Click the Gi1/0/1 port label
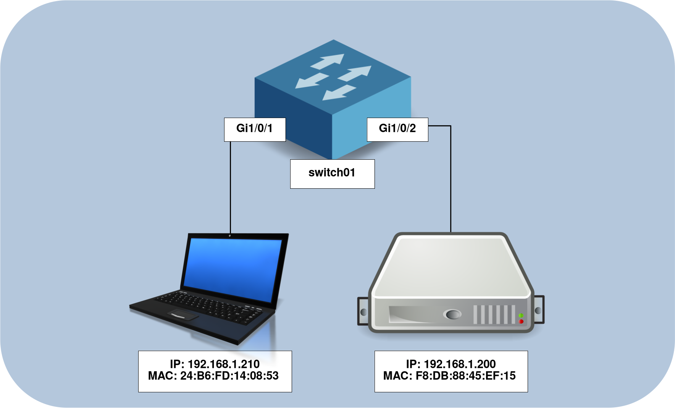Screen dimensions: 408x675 pos(255,129)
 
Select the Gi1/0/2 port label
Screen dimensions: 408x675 pos(397,129)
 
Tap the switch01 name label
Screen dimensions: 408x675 pos(332,173)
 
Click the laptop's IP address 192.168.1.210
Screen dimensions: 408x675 pos(215,364)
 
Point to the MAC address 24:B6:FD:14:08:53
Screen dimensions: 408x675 pos(213,376)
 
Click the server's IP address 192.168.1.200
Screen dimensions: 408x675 pos(451,364)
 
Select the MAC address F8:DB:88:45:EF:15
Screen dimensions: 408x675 pos(449,376)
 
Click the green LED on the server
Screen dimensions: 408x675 pos(521,316)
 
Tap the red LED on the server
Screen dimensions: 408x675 pos(521,322)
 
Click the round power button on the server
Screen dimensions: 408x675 pos(452,314)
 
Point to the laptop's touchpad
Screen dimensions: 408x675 pos(183,315)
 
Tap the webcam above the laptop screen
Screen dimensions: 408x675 pos(230,235)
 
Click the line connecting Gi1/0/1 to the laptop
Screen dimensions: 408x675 pos(231,187)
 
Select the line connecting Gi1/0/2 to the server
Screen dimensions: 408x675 pos(451,180)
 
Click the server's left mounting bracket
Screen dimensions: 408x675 pos(363,311)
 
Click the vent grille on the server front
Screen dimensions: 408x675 pos(494,315)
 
